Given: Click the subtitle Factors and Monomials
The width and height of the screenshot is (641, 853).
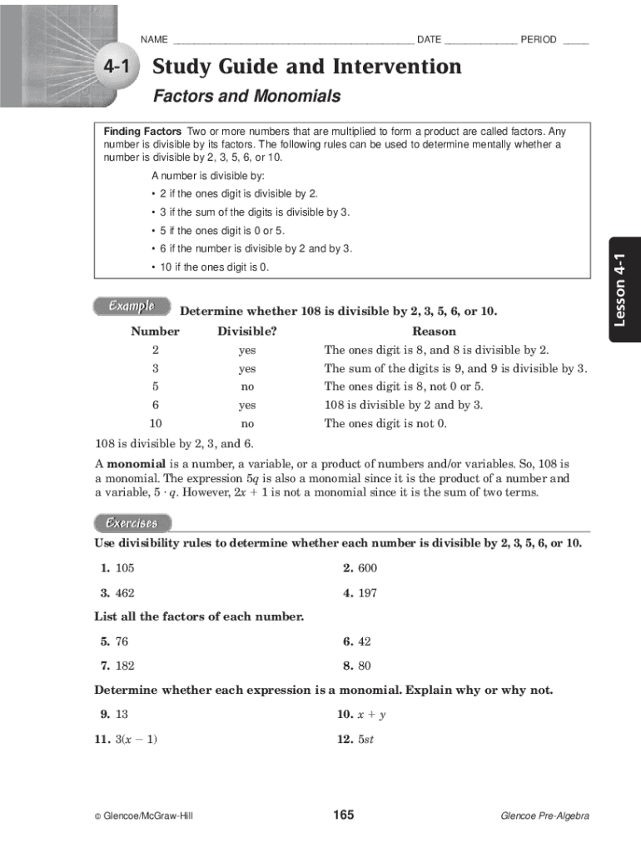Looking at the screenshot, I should (246, 97).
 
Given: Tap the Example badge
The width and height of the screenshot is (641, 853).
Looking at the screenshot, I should (132, 306).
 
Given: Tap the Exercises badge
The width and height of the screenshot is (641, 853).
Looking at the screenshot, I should (132, 523).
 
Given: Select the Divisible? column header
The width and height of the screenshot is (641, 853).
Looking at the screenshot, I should (247, 332).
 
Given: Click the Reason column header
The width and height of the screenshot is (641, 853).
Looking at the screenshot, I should (434, 332).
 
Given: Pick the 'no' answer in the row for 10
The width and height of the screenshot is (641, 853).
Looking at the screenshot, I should (247, 423).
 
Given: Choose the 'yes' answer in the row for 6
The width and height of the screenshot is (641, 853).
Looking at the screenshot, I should (247, 405).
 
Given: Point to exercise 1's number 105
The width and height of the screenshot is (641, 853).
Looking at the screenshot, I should (124, 568).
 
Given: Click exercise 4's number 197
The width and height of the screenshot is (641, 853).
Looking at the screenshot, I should (367, 594).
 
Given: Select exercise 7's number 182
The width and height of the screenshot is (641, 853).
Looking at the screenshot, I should (124, 666).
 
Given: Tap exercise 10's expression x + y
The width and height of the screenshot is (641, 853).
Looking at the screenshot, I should (372, 715).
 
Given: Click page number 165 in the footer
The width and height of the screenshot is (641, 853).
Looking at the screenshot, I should (344, 815).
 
